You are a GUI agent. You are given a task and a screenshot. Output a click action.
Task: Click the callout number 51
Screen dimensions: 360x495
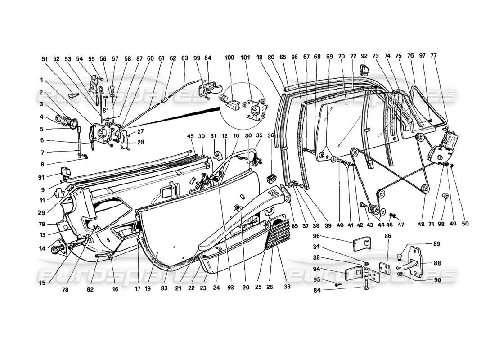coord(44,58)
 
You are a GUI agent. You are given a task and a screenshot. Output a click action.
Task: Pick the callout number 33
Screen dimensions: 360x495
coord(287,286)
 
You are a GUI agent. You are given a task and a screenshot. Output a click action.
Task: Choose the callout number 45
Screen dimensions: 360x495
coord(190,136)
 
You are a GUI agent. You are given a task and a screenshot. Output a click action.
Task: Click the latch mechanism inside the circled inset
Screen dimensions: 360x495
coord(252,107)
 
